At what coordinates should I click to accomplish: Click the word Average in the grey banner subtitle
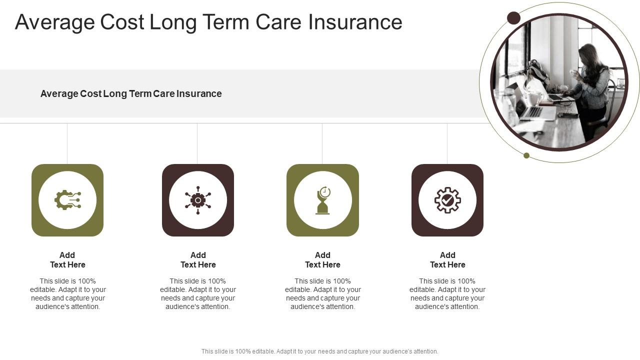click(59, 93)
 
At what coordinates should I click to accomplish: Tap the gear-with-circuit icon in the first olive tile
click(67, 200)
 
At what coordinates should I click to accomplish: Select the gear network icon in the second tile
click(198, 200)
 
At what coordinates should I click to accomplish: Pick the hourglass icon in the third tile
click(323, 200)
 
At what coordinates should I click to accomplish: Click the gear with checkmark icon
click(447, 200)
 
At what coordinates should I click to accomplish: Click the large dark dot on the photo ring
click(513, 18)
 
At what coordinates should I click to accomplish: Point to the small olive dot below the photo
click(526, 155)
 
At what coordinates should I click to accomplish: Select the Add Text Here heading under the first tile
click(67, 260)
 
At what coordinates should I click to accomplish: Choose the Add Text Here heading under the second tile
click(198, 260)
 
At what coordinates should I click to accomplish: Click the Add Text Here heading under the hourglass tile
click(322, 260)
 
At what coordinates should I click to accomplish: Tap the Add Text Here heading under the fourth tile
click(447, 260)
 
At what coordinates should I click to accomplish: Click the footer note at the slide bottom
click(320, 351)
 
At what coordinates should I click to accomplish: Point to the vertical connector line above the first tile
click(67, 143)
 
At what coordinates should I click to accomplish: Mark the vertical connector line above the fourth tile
click(447, 143)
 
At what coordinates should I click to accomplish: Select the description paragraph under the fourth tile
click(447, 294)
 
